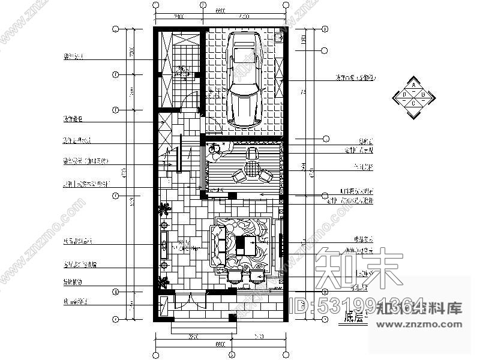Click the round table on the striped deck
(x=251, y=166)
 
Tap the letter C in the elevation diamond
(x=414, y=103)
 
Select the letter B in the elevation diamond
(x=423, y=95)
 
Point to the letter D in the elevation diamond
(x=405, y=95)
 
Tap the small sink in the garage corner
(x=278, y=38)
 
